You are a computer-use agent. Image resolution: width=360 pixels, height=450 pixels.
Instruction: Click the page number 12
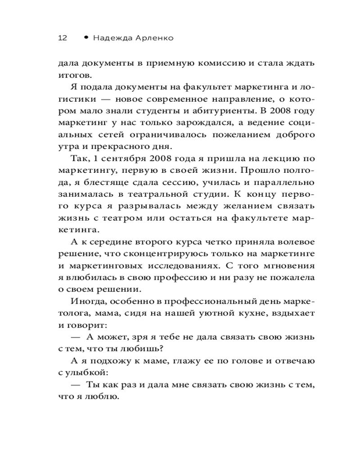(63, 38)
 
